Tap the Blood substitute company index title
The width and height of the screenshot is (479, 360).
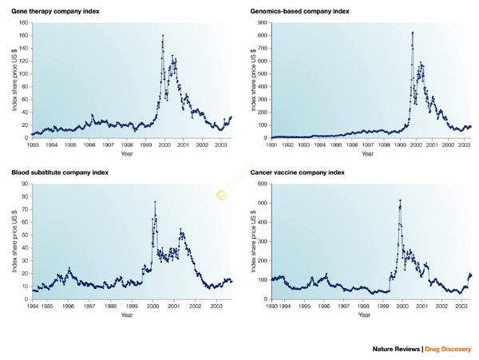coord(60,172)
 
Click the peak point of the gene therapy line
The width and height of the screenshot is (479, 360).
coord(163,36)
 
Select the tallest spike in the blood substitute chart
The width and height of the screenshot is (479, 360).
coord(155,202)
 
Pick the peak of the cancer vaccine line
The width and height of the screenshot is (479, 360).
coord(400,200)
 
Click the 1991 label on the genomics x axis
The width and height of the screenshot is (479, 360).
coord(272,145)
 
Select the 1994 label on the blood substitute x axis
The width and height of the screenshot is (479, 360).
coord(33,306)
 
